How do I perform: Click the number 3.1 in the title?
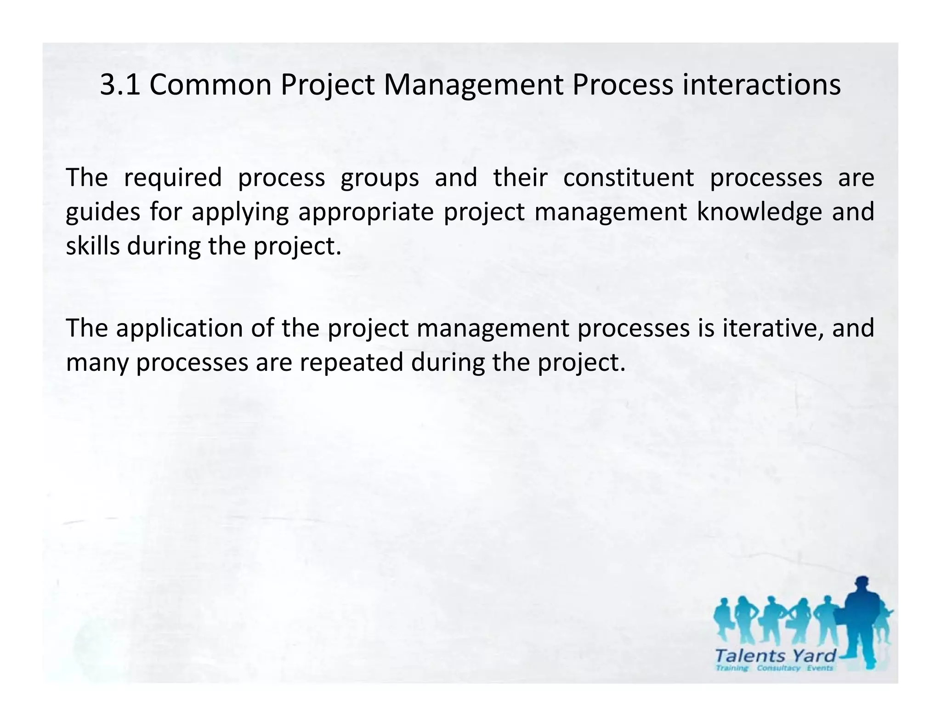(x=120, y=85)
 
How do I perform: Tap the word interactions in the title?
(x=761, y=85)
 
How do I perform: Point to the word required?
(x=173, y=179)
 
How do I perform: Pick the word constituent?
(x=628, y=178)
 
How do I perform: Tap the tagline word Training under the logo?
(x=732, y=668)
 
